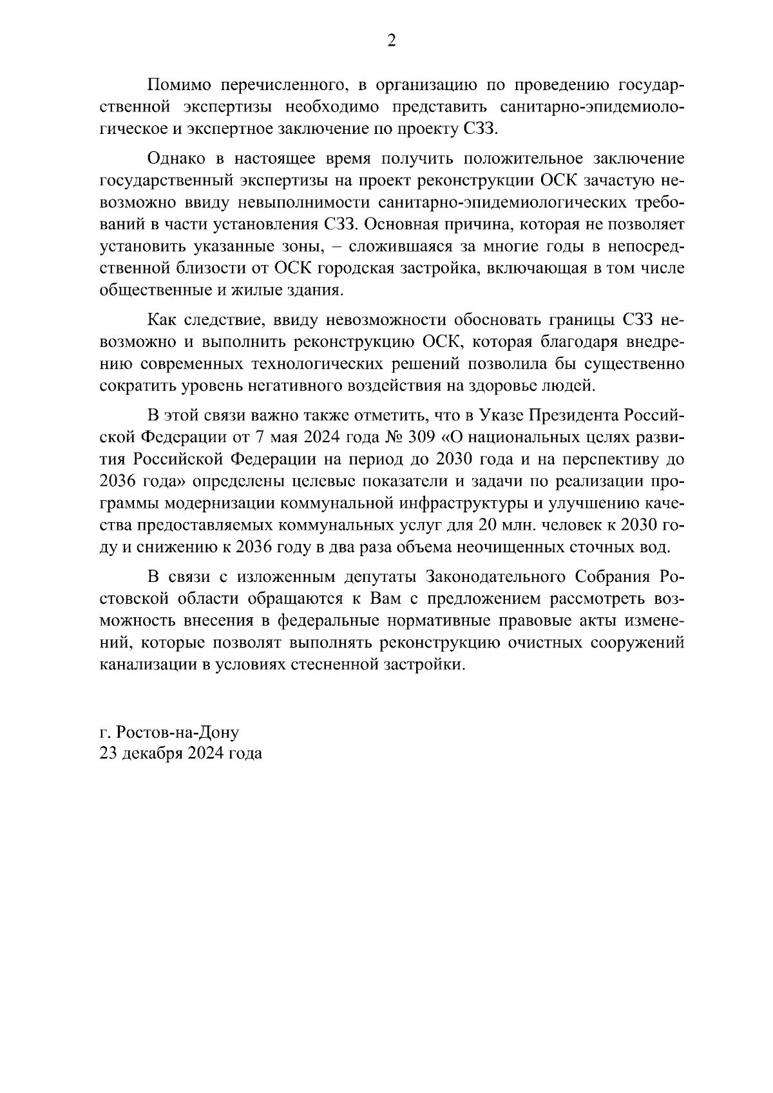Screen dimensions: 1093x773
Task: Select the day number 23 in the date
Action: point(108,753)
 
